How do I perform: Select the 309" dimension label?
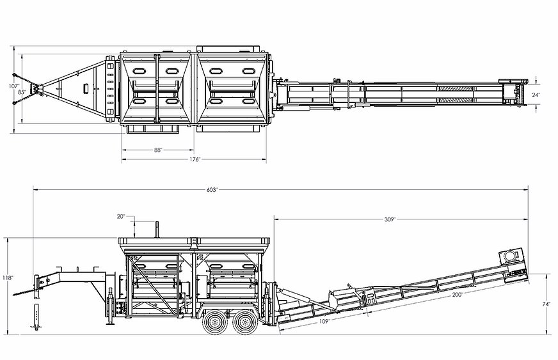[390, 219]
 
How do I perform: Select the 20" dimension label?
[121, 216]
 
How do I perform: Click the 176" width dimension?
[195, 159]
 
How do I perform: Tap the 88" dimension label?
[157, 150]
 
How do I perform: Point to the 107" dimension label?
[15, 85]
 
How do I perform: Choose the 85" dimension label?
[22, 92]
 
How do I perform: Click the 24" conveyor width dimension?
[536, 95]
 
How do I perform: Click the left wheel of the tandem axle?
[212, 323]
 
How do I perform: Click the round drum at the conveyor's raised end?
[510, 255]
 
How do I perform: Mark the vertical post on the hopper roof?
[157, 228]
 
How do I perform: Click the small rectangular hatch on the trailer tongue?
[85, 89]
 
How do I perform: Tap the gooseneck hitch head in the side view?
[43, 281]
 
